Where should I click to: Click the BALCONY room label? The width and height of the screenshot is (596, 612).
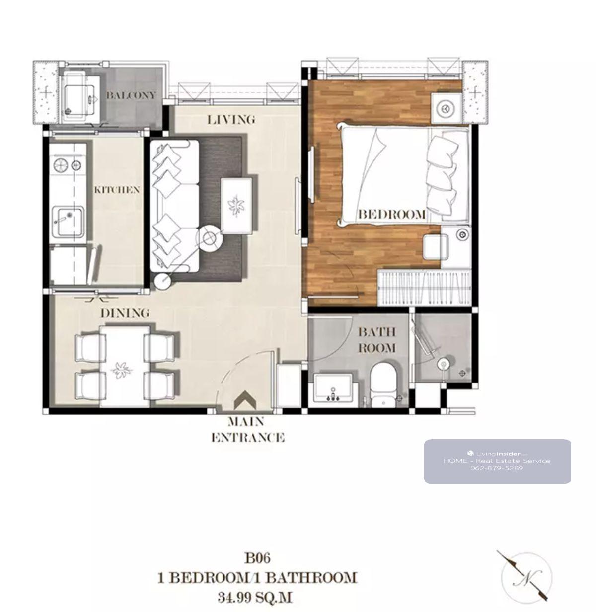(131, 95)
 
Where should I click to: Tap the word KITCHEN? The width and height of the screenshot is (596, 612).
(117, 190)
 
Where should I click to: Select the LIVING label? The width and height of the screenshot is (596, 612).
(231, 120)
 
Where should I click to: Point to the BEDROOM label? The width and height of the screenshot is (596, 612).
(392, 214)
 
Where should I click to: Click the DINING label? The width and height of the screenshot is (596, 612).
(125, 313)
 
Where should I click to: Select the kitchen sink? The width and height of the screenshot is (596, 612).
(68, 221)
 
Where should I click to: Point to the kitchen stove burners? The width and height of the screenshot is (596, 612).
(68, 165)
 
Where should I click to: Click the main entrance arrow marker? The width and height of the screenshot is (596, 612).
(245, 400)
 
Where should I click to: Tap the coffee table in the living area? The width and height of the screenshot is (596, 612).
(236, 206)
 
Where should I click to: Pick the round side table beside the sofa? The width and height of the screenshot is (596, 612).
(210, 238)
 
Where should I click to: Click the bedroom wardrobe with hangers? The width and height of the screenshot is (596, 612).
(425, 288)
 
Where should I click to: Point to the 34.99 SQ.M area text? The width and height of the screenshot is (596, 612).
(255, 597)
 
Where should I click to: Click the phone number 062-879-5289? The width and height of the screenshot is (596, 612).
(497, 468)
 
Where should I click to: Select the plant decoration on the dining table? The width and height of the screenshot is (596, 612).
(121, 370)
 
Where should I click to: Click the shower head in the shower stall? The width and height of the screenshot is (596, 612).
(443, 365)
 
